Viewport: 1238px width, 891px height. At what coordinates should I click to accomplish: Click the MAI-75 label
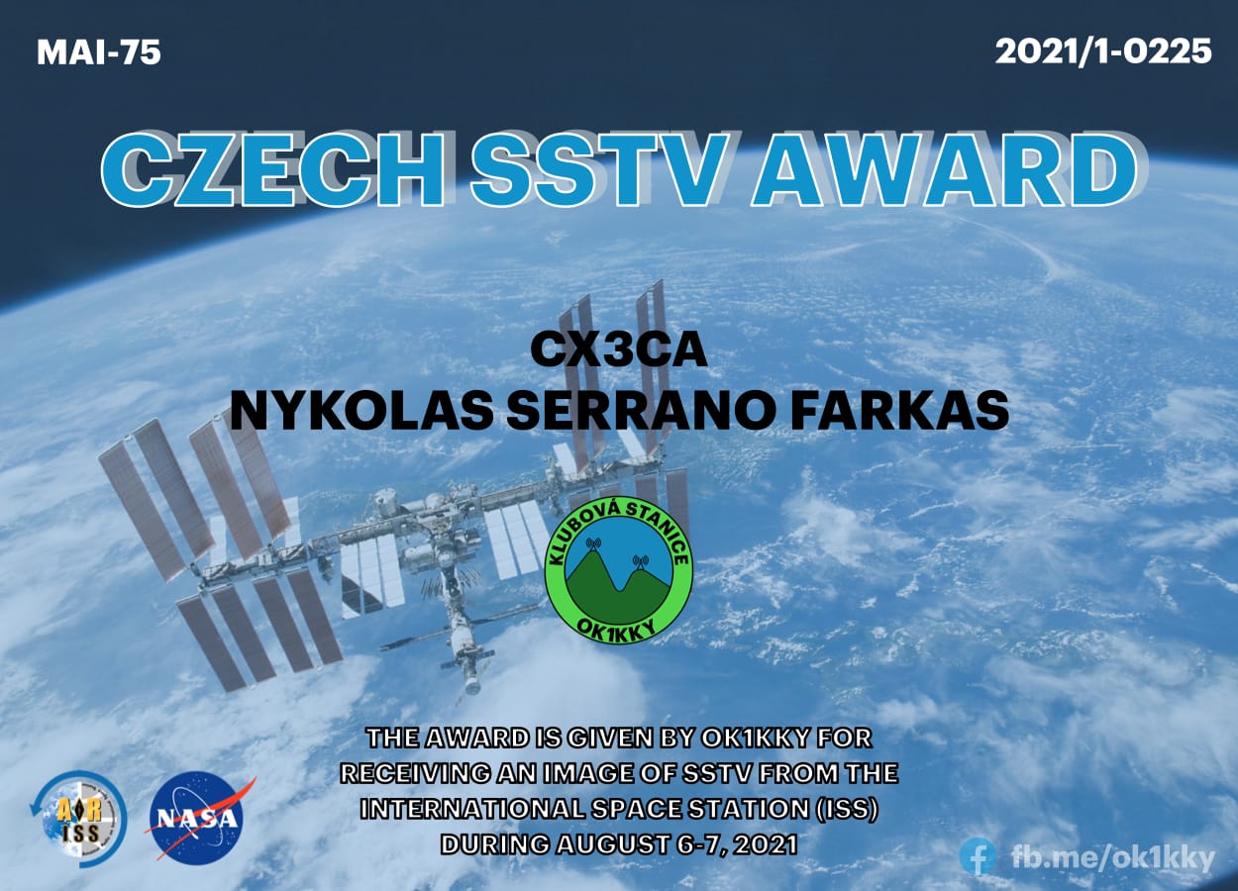pyautogui.click(x=99, y=53)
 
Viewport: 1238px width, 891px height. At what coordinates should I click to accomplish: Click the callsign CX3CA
pyautogui.click(x=619, y=350)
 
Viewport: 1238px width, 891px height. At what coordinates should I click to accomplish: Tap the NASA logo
pyautogui.click(x=197, y=818)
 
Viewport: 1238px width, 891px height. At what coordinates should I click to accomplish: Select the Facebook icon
pyautogui.click(x=978, y=856)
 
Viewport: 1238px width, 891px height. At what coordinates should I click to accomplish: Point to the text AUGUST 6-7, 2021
pyautogui.click(x=677, y=844)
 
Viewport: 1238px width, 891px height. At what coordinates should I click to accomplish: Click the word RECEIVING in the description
pyautogui.click(x=415, y=773)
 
